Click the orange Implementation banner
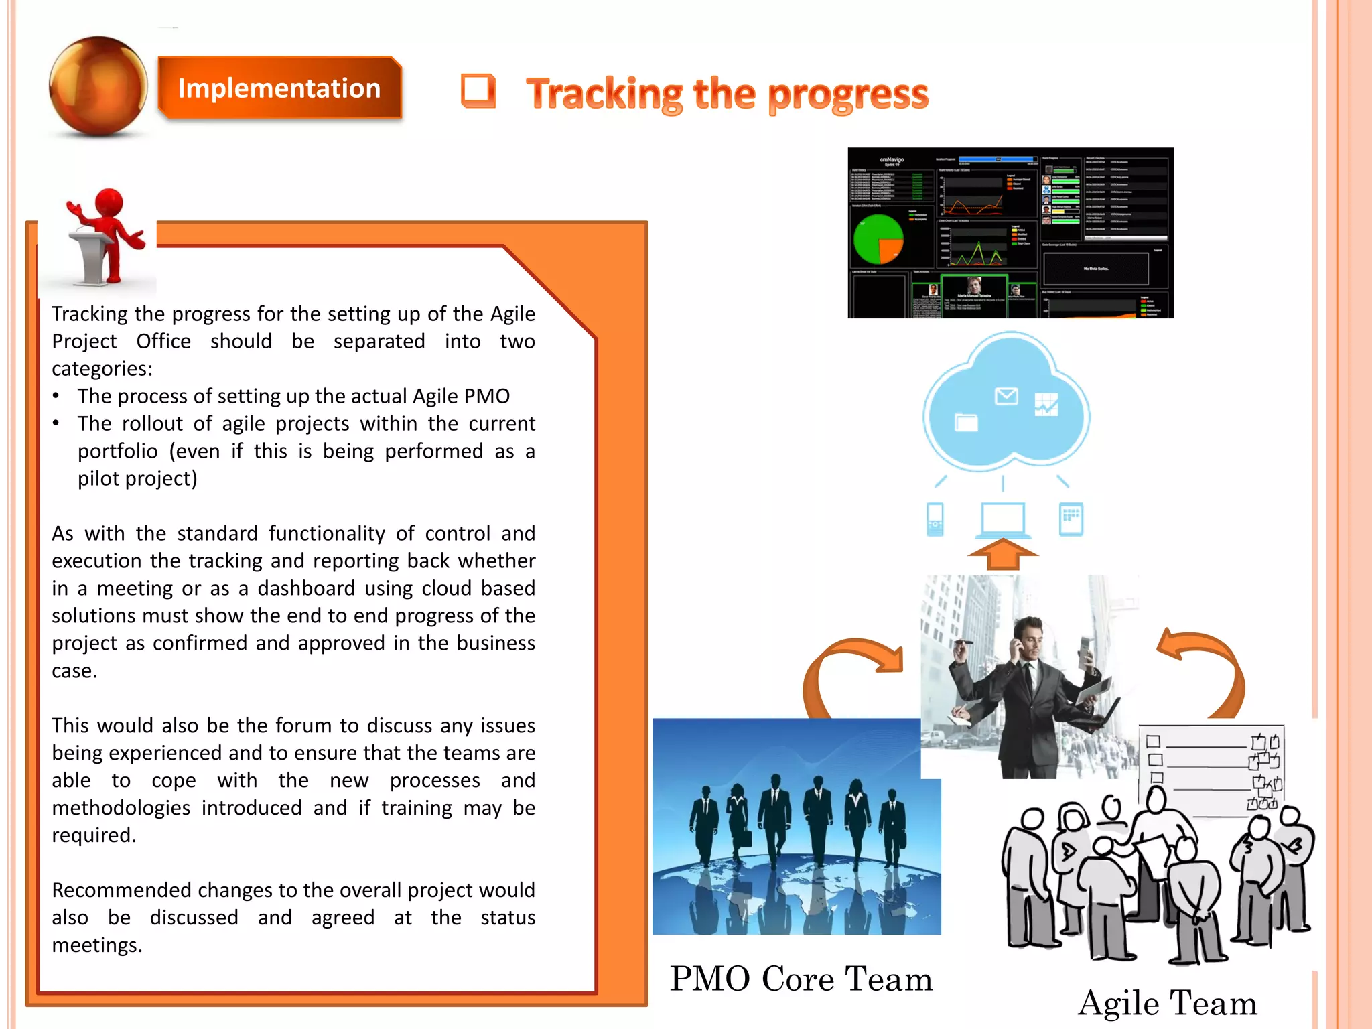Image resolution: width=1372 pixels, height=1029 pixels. point(279,88)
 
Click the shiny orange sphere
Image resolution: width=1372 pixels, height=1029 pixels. point(98,86)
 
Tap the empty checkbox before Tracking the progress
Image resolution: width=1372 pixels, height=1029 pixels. point(478,91)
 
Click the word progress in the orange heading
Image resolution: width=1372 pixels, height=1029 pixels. point(847,94)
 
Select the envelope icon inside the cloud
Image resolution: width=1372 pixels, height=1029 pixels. point(1006,397)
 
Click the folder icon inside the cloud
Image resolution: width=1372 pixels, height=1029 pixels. point(966,422)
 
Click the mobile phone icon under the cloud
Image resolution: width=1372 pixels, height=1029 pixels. point(935,519)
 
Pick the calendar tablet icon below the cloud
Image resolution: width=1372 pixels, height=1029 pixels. point(1071,519)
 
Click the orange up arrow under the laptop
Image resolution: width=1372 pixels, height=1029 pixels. point(1003,554)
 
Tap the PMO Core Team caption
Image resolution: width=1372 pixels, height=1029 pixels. point(801,979)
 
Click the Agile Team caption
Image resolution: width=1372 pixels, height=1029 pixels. point(1167,1003)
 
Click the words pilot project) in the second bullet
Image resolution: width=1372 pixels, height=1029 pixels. point(137,478)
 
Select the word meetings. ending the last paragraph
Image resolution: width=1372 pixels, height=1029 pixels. point(97,945)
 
